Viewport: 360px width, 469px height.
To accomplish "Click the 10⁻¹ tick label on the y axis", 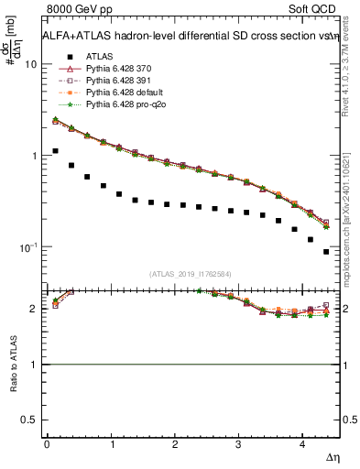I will pos(27,248).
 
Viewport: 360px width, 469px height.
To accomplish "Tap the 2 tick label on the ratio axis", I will pos(33,309).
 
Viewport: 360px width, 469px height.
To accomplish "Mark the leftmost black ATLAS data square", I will pos(56,151).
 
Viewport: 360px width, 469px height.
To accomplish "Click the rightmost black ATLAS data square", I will pos(326,251).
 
